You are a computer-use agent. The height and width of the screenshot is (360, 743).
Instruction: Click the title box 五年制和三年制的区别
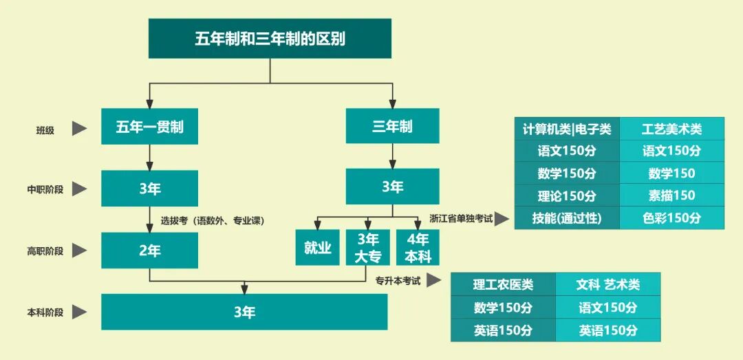pyautogui.click(x=270, y=39)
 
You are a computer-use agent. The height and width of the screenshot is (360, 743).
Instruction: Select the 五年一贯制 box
pyautogui.click(x=149, y=127)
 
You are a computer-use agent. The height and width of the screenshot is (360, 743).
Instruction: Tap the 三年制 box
pyautogui.click(x=392, y=127)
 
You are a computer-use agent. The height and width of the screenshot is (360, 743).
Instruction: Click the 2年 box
pyautogui.click(x=149, y=251)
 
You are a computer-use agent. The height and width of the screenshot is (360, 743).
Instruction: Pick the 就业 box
pyautogui.click(x=317, y=248)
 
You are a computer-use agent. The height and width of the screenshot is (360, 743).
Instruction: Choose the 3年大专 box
pyautogui.click(x=367, y=248)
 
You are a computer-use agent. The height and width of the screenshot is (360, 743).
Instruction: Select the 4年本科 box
pyautogui.click(x=418, y=248)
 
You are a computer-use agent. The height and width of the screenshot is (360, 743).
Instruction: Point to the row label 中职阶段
pyautogui.click(x=45, y=189)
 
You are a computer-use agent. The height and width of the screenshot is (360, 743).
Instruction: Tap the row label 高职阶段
pyautogui.click(x=45, y=251)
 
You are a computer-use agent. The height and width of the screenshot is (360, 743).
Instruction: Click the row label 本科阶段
pyautogui.click(x=45, y=313)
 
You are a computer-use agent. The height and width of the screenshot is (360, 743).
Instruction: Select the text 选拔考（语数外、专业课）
pyautogui.click(x=213, y=221)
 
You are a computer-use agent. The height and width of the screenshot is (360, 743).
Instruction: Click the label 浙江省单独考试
pyautogui.click(x=461, y=219)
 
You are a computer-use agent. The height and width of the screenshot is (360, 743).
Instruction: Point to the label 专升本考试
pyautogui.click(x=398, y=281)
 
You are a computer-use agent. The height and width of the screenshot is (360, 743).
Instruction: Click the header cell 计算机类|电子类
pyautogui.click(x=567, y=129)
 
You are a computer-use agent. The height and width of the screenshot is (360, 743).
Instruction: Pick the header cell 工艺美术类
pyautogui.click(x=671, y=129)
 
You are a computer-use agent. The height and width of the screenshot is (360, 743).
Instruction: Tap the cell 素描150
pyautogui.click(x=671, y=195)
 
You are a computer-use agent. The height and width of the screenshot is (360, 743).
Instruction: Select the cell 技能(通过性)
pyautogui.click(x=567, y=218)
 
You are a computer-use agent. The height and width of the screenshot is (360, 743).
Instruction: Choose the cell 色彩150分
pyautogui.click(x=671, y=218)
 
